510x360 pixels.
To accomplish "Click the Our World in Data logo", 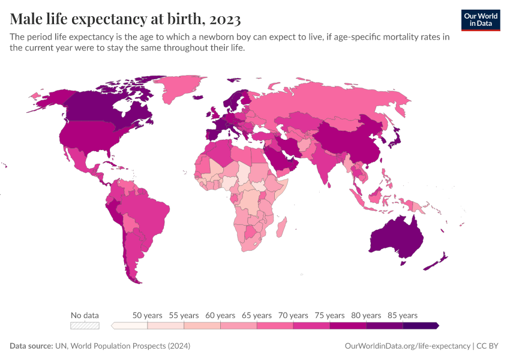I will click(480, 19).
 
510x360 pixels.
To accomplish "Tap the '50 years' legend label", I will click(147, 315).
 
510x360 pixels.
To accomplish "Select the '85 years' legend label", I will click(403, 315).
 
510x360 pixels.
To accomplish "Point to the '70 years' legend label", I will click(293, 315).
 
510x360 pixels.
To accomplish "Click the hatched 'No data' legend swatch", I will click(85, 325).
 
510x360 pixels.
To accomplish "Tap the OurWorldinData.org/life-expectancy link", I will click(407, 346).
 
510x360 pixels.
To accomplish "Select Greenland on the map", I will click(180, 90).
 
